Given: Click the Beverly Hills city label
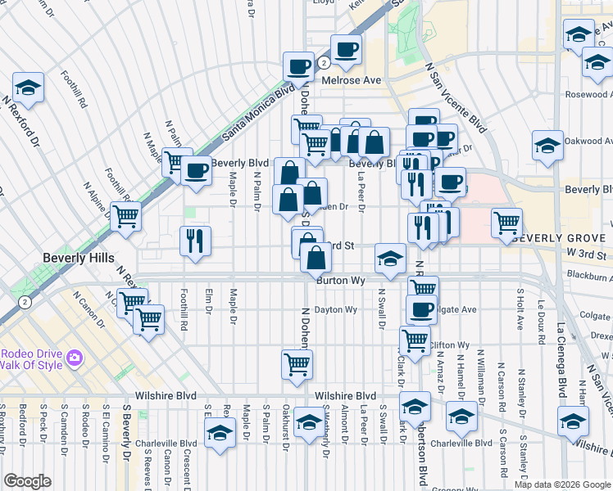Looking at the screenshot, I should [x=78, y=258].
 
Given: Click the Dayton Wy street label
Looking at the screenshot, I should [x=337, y=310].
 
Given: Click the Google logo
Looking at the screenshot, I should [x=28, y=481].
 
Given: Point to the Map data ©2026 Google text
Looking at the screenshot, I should [x=561, y=484].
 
